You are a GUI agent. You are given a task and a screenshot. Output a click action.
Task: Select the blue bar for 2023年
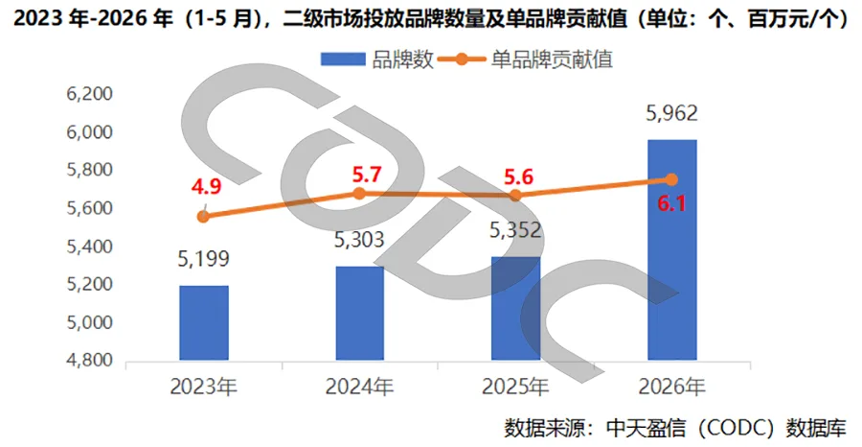click(204, 323)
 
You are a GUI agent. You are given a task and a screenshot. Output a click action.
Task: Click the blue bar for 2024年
click(360, 314)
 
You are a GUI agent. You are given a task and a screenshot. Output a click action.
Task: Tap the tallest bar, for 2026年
click(672, 250)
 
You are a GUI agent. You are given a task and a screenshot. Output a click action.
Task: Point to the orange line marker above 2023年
click(203, 217)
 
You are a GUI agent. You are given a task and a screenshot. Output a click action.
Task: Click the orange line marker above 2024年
click(359, 193)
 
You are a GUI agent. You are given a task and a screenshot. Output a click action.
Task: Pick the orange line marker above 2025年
click(515, 196)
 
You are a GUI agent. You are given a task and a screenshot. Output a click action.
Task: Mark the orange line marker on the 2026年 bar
click(671, 179)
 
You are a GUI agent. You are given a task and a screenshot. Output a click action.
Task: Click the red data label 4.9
click(206, 187)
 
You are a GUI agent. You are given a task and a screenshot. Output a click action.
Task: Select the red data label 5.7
click(367, 175)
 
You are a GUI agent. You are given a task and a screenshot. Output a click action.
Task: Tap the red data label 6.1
click(671, 204)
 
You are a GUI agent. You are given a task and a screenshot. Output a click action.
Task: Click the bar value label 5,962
click(671, 113)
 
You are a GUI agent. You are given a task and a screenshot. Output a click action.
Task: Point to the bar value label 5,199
click(203, 259)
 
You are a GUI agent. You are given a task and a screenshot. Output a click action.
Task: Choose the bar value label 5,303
click(359, 240)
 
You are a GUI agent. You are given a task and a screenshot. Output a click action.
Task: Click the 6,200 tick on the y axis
click(90, 94)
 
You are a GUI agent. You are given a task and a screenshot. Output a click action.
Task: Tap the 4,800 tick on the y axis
click(90, 360)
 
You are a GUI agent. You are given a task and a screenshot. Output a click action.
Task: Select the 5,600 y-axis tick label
click(90, 208)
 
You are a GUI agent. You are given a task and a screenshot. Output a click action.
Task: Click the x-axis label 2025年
click(515, 387)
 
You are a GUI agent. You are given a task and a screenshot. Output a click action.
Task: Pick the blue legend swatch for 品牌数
click(343, 59)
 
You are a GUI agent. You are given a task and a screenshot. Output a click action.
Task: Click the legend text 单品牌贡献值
click(552, 59)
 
